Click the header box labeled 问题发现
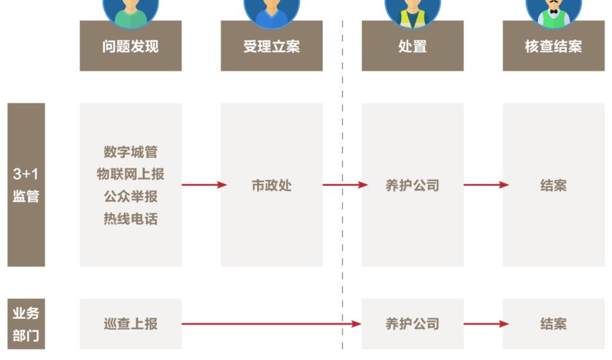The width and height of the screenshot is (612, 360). coord(130,46)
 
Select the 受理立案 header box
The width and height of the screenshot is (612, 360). coord(271,46)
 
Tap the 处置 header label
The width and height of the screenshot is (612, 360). coord(412,46)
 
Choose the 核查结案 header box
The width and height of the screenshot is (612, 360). coord(553,46)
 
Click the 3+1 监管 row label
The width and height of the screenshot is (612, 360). coord(26,185)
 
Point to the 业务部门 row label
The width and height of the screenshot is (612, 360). coord(26,324)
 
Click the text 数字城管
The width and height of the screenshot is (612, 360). coord(130,152)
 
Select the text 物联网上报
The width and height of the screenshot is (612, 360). coord(130,174)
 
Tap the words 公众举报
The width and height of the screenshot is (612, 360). coord(130,197)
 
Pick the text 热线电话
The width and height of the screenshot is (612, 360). coord(130,219)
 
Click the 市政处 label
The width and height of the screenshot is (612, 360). coord(271,186)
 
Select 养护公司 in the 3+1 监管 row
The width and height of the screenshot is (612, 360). coord(412,186)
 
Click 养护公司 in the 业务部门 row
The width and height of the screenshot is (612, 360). coord(412,324)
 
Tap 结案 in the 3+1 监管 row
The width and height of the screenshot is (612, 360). coord(553,186)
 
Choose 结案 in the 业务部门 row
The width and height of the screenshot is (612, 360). coord(553,324)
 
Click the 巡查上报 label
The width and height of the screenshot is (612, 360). coord(130,324)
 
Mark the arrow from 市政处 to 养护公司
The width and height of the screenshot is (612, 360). coord(345,185)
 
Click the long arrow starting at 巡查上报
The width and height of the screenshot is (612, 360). coord(270,324)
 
